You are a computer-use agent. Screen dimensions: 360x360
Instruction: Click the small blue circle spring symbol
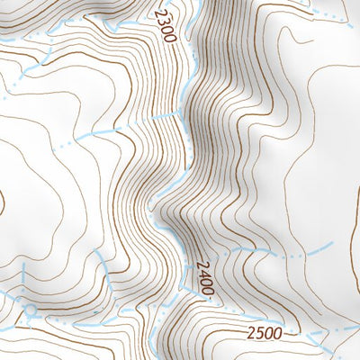point(32,310)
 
